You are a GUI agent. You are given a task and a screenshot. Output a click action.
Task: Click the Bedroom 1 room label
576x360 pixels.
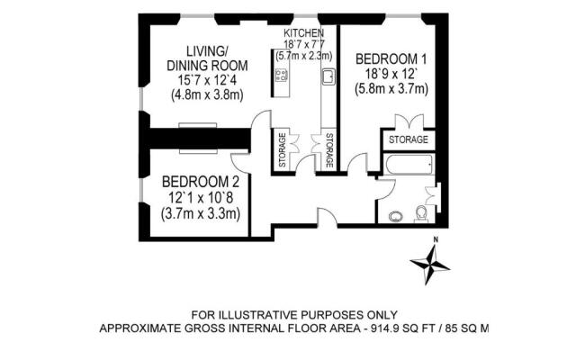pos(391,58)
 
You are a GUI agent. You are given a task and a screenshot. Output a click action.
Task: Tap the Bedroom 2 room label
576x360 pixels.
pos(201,182)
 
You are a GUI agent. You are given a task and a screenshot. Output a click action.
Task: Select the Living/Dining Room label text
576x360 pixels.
pos(207,58)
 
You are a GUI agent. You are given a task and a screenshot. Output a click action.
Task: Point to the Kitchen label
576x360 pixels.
pos(303,33)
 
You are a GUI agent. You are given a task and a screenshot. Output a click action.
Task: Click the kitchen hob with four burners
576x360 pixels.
pos(282,75)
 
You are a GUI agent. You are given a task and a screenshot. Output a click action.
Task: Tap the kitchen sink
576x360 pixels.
pos(328,76)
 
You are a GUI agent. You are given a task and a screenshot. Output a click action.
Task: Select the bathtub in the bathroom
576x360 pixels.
pos(409,164)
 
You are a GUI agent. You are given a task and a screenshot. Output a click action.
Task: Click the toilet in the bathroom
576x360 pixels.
pos(421,214)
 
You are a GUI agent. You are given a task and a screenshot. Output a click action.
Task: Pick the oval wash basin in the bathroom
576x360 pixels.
pos(395,217)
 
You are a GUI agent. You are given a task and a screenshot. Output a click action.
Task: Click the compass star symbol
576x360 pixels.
pos(429,265)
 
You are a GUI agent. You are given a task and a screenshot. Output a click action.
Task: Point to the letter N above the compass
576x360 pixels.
pos(436,240)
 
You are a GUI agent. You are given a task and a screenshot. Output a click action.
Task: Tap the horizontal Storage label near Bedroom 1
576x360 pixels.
pos(409,139)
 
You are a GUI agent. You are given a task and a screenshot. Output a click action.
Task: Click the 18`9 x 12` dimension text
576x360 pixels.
pos(391,74)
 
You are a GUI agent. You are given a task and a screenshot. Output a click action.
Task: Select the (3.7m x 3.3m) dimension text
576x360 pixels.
pos(201,213)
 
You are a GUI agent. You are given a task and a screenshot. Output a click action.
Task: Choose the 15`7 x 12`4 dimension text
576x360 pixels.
pos(207,80)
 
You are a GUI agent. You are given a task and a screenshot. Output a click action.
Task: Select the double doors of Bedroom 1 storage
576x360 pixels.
pos(409,121)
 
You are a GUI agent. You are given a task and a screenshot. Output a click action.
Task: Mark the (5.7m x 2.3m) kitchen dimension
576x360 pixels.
pos(304,56)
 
